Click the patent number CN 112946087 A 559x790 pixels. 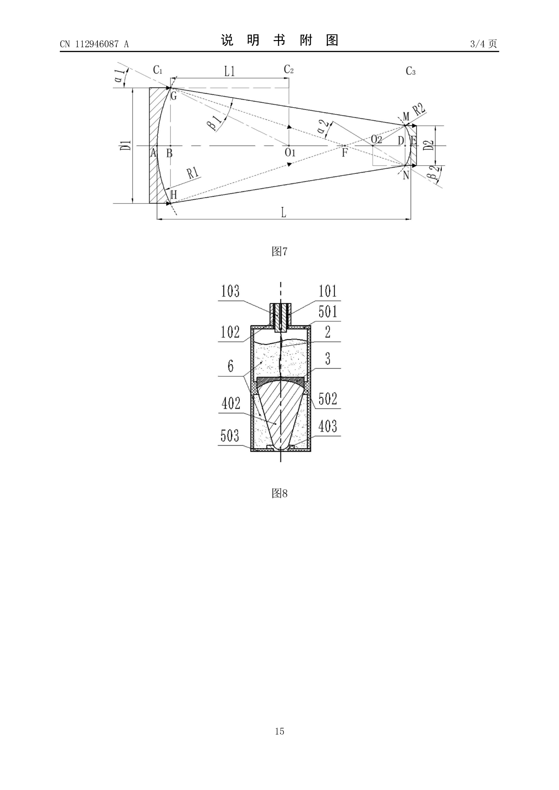(x=94, y=44)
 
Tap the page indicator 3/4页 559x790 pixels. (x=484, y=44)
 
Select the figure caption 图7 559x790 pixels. (x=279, y=251)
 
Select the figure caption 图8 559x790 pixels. (x=279, y=493)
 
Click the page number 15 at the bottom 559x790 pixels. (x=279, y=731)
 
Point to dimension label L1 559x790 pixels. (x=229, y=71)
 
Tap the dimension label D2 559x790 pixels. (x=429, y=145)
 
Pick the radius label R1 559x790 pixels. (x=193, y=173)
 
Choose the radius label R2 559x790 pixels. (x=419, y=109)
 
